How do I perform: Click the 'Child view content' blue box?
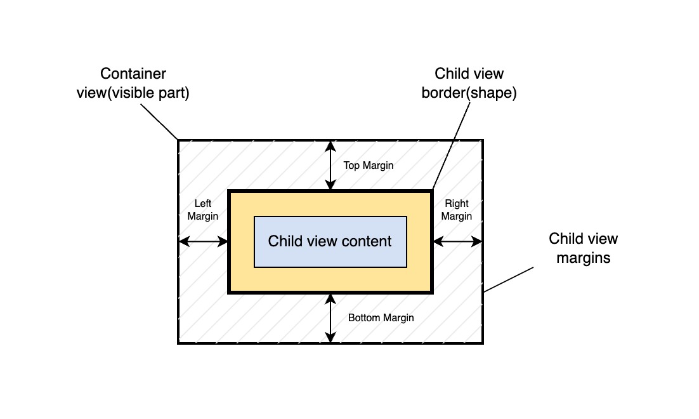coord(330,241)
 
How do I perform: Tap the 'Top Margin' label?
coord(368,166)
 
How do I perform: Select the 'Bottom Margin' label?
coord(381,317)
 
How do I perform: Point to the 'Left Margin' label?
coord(203,210)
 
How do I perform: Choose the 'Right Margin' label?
coord(457,210)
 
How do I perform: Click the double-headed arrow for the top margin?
coord(330,166)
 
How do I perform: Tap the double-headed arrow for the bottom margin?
coord(330,318)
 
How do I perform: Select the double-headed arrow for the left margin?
coord(203,241)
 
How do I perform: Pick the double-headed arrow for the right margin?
coord(457,241)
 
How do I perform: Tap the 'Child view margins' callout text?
coord(583,248)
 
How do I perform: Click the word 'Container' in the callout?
coord(133,74)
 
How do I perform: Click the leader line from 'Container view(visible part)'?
coord(159,121)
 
